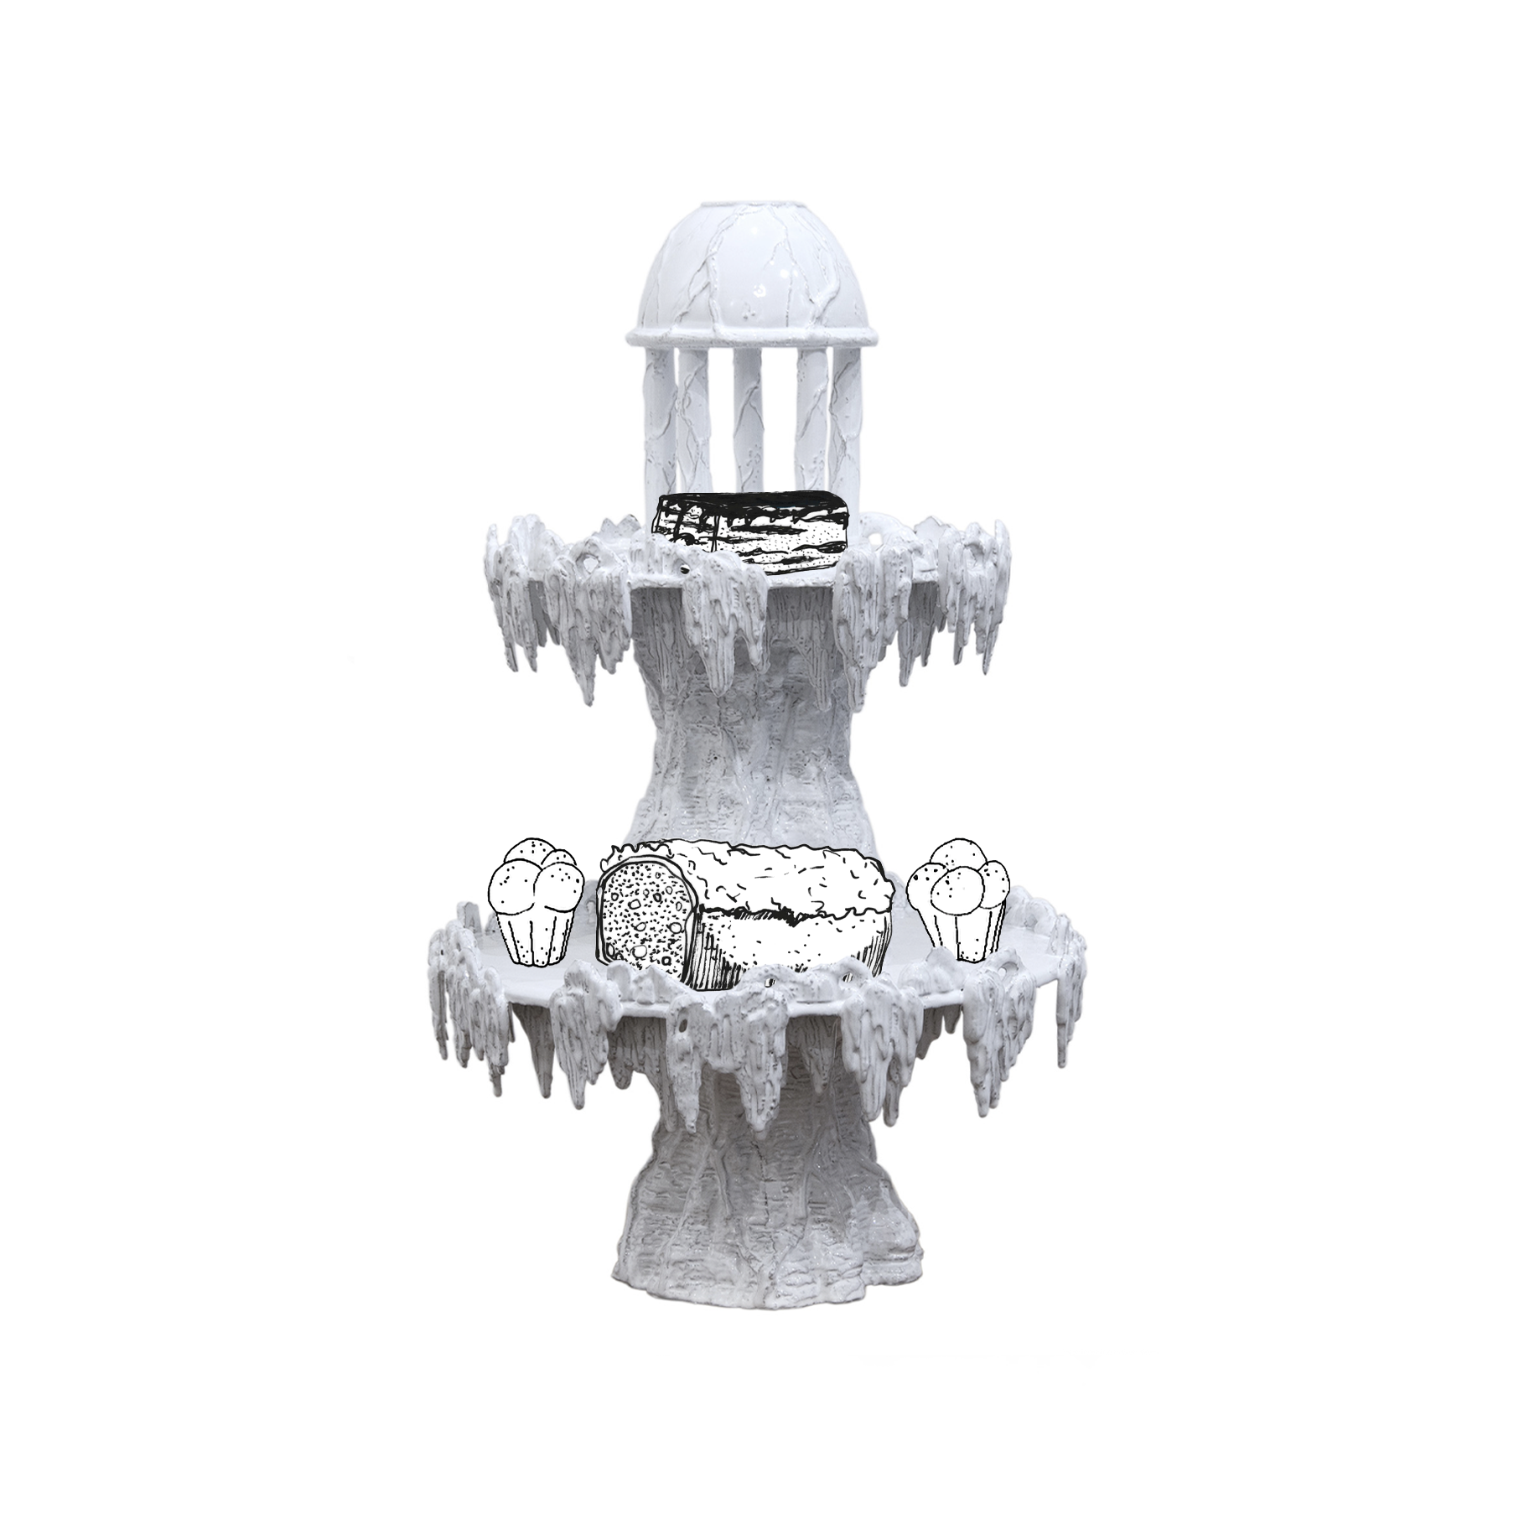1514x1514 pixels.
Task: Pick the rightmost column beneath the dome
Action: tap(842, 419)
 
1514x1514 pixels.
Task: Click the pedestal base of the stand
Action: tap(746, 1241)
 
